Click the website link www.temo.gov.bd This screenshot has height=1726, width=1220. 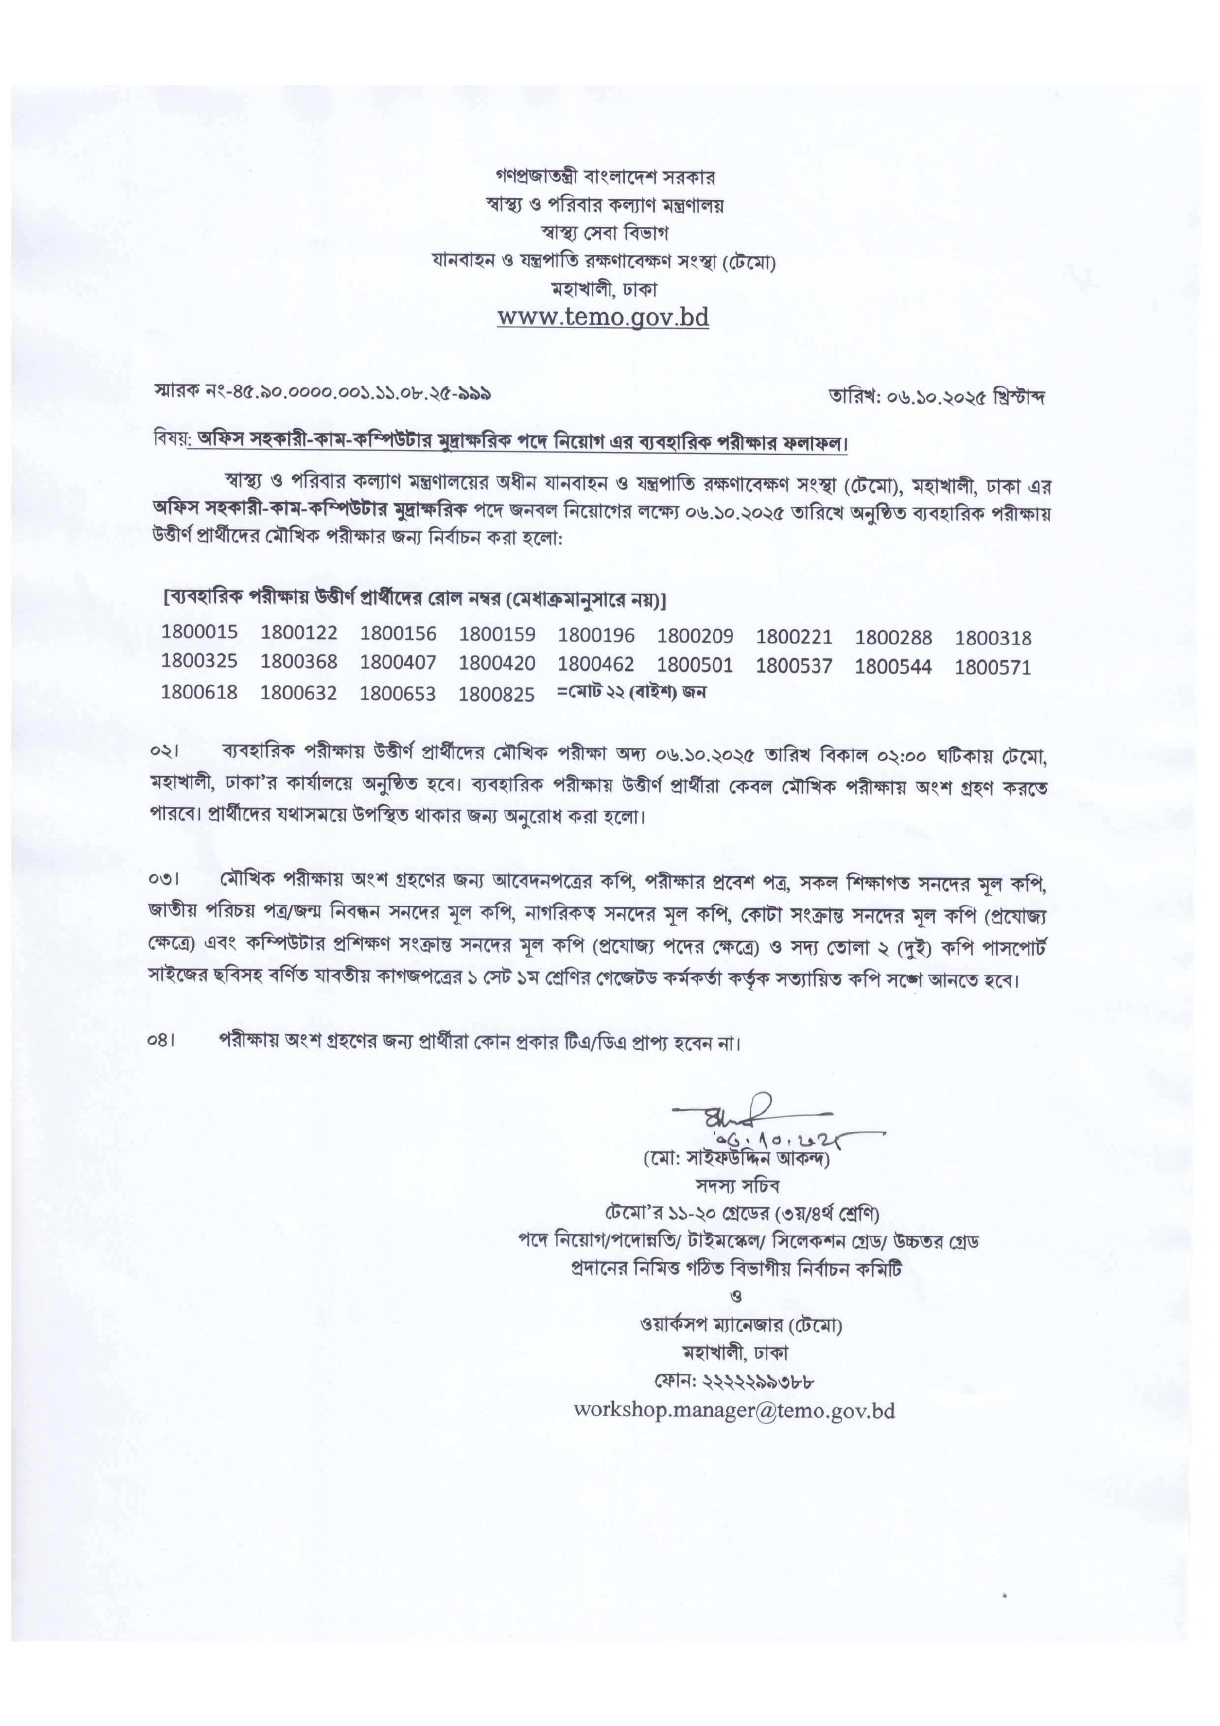pos(603,317)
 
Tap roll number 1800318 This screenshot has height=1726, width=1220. pos(993,639)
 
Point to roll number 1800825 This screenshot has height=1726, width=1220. pos(497,694)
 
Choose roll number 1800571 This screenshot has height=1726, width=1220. pos(993,667)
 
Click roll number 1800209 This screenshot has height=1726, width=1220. pos(695,636)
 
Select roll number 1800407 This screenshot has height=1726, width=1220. pos(397,662)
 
